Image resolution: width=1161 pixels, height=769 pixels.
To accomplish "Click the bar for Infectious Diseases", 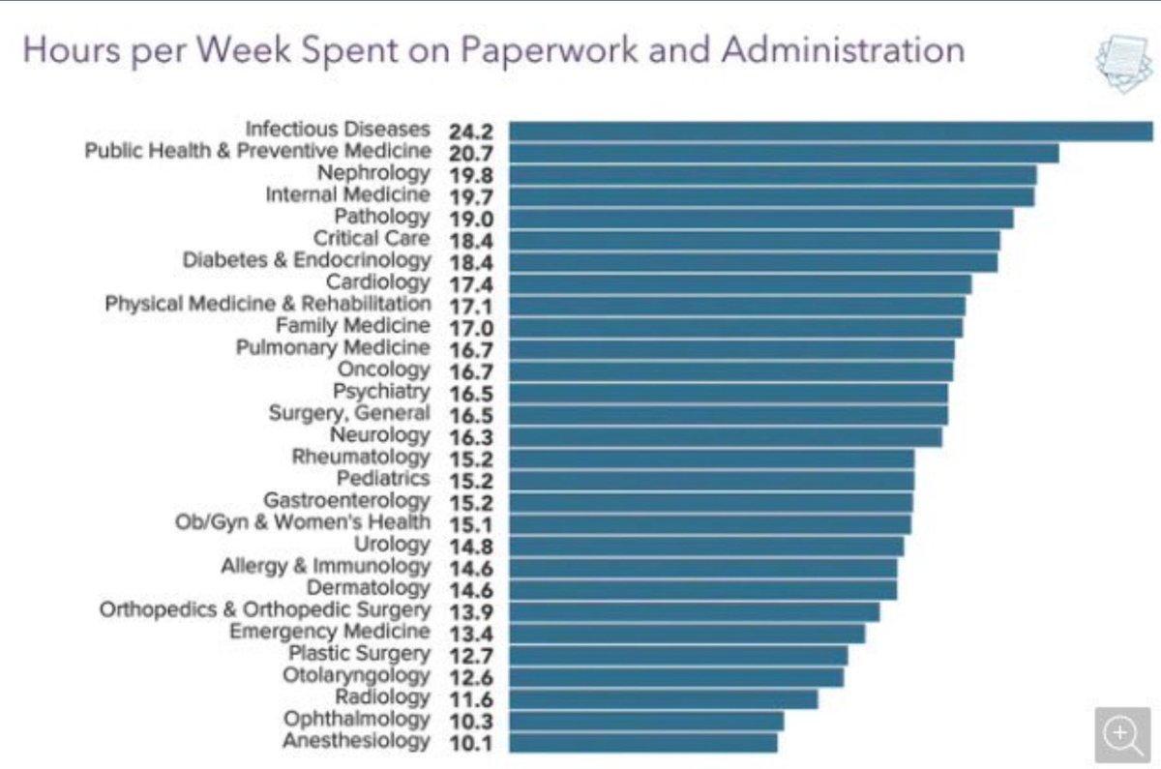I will [830, 131].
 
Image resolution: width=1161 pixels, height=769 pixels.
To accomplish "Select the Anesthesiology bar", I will [642, 742].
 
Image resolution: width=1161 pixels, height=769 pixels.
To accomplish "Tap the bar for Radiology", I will [663, 698].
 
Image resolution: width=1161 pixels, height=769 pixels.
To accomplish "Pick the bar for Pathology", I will [760, 218].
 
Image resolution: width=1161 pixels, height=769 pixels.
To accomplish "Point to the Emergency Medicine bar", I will [687, 633].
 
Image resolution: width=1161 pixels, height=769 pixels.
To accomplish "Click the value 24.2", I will [472, 131].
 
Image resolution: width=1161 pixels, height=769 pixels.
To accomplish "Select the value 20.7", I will [472, 153].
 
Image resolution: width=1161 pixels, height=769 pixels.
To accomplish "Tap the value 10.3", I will [472, 721].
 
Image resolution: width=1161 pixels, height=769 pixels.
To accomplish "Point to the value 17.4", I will [472, 283].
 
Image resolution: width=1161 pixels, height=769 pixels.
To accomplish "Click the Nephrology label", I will [373, 173].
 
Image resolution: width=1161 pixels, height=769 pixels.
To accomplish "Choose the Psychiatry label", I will [381, 392].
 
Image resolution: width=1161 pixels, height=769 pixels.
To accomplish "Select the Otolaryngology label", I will [356, 675].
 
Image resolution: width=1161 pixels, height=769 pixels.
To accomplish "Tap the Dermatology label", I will [368, 588].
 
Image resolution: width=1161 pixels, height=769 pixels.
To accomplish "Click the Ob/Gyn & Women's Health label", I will [302, 522].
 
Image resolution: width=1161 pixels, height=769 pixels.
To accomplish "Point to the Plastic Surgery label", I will [359, 654].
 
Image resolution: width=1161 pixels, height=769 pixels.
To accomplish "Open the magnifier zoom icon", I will [1122, 734].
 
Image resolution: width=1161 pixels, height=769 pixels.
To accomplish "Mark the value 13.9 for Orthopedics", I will [472, 611].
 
